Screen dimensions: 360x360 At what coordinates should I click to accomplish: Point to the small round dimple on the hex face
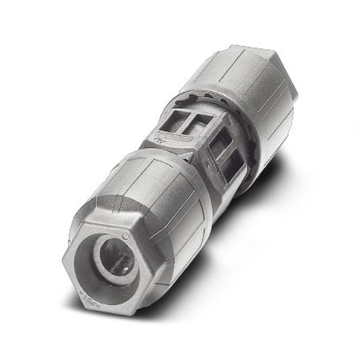point(125,236)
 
